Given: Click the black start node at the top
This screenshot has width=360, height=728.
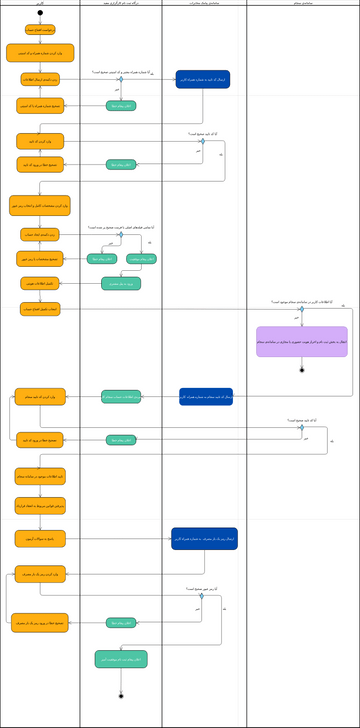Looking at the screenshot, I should coord(40,15).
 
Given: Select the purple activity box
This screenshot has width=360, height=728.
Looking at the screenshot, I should coord(301,342).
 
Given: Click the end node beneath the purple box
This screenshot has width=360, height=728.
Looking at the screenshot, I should coord(301,370).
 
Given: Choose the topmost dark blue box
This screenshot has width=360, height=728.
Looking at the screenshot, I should coord(203,79).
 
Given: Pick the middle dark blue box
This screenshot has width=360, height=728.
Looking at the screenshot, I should coord(206,397).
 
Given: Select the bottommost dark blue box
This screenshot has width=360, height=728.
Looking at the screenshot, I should coord(204,539).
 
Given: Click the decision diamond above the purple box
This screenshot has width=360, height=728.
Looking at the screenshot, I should coord(301,309).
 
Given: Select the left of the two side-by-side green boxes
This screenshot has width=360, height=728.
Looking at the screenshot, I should coord(104,259).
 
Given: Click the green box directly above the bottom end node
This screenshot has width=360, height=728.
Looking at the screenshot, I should coord(121,659).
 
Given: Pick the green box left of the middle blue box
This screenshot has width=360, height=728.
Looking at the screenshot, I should coord(121,397).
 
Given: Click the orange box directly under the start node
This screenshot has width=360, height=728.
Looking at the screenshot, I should coord(40,30).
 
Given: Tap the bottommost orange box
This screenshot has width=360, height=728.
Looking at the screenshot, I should coord(40,623).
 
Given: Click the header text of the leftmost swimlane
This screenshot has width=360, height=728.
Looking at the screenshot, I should coord(40,4).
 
